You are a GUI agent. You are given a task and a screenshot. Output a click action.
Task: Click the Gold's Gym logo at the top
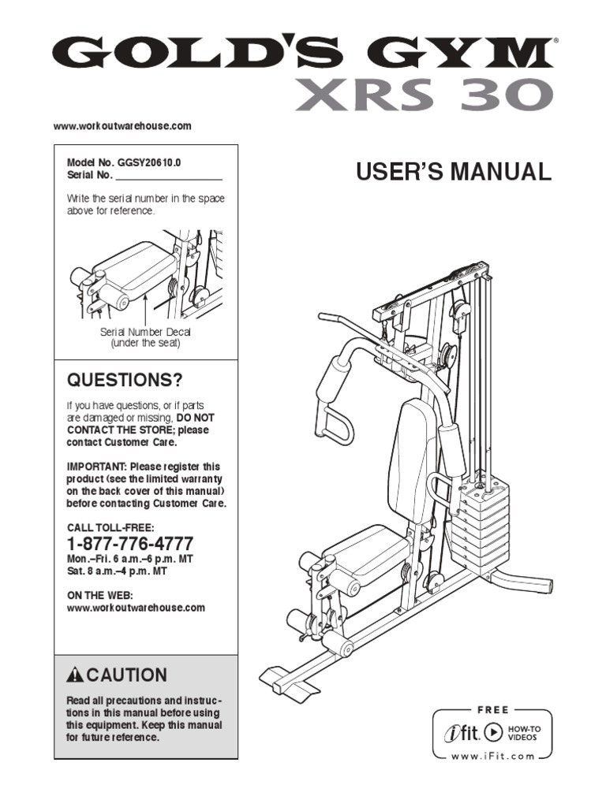[x=302, y=54]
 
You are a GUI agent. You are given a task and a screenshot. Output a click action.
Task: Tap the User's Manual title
[x=454, y=172]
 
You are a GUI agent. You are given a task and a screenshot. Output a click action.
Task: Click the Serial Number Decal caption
[x=145, y=333]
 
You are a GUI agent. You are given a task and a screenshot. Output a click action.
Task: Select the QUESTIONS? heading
[x=124, y=381]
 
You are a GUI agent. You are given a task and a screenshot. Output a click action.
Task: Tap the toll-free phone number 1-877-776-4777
[x=130, y=545]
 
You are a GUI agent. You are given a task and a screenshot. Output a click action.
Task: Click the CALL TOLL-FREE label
[x=110, y=527]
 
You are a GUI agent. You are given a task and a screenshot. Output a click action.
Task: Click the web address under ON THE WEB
[x=136, y=608]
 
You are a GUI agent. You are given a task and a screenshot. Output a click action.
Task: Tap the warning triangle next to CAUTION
[x=76, y=675]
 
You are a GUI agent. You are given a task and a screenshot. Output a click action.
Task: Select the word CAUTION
[x=126, y=675]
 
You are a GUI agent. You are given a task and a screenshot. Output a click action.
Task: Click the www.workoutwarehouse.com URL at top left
[x=122, y=126]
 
